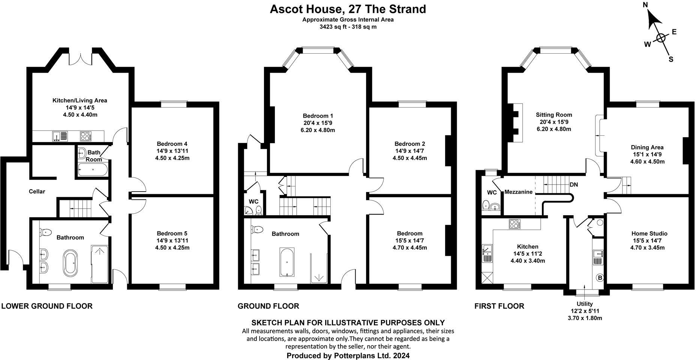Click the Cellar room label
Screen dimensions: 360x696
point(37,192)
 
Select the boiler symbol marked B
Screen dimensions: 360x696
point(600,278)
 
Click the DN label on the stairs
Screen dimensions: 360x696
point(574,185)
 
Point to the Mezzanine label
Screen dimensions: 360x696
point(518,192)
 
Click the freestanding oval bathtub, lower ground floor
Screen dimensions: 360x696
point(71,262)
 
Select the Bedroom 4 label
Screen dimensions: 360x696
point(172,144)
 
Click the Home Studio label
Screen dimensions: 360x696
point(649,233)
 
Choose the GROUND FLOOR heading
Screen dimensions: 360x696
point(268,306)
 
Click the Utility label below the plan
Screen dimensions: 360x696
point(585,304)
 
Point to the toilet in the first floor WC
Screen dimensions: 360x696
point(486,205)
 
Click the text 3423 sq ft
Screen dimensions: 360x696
point(332,27)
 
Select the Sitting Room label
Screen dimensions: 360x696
point(553,115)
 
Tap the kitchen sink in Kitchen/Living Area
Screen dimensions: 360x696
point(60,136)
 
